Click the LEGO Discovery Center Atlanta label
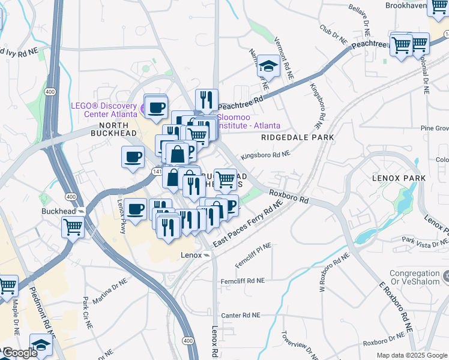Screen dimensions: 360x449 (104, 110)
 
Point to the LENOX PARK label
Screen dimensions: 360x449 (399, 178)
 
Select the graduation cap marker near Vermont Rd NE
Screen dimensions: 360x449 (269, 66)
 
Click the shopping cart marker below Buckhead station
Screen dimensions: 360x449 (73, 227)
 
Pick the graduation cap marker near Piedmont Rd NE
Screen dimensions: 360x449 (41, 346)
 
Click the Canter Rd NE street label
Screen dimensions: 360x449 (241, 315)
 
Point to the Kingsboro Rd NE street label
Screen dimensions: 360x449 (265, 155)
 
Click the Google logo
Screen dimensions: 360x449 (19, 353)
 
